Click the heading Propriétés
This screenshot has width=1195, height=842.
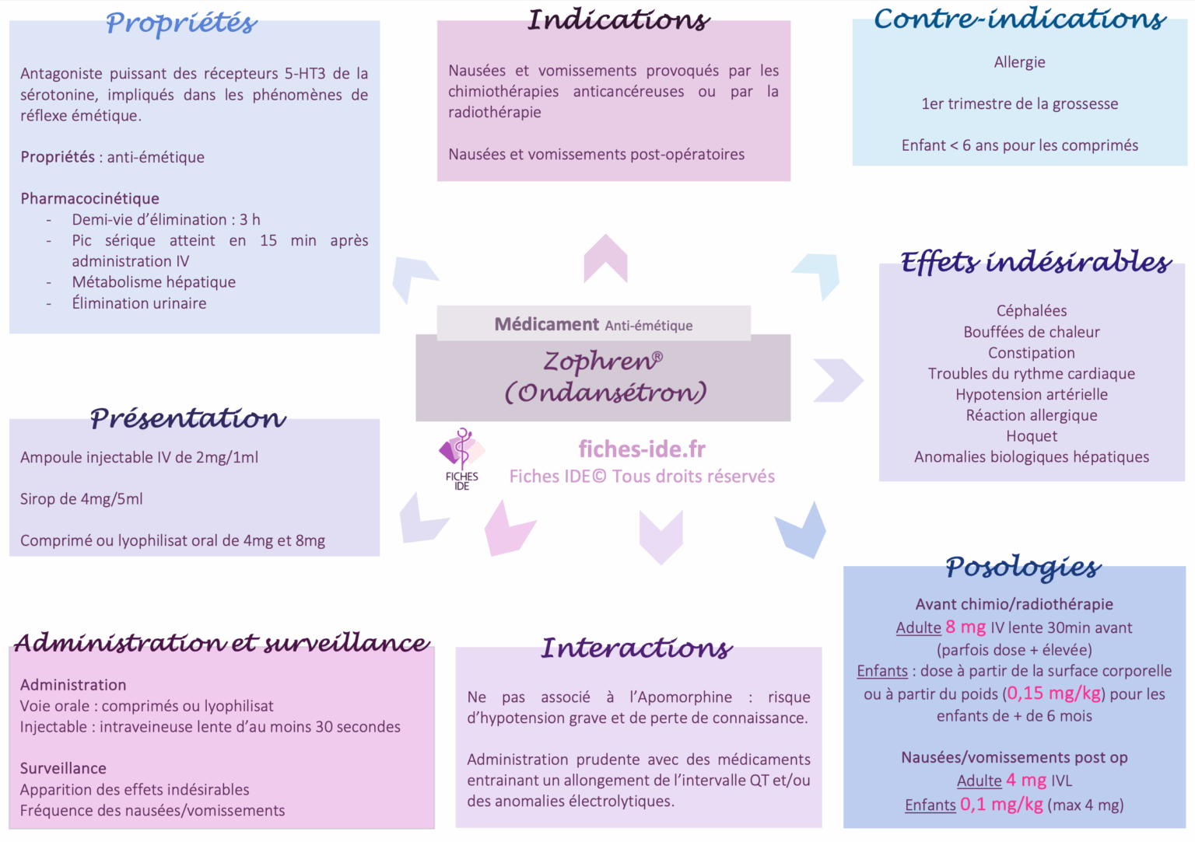click(x=181, y=23)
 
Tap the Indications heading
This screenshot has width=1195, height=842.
click(x=619, y=20)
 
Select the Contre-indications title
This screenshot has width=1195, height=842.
click(x=1019, y=19)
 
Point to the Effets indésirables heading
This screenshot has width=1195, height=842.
click(x=1036, y=262)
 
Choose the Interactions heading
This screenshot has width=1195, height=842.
click(x=636, y=648)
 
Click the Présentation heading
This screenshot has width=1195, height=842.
click(x=188, y=418)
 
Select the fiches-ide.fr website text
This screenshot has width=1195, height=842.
click(x=642, y=449)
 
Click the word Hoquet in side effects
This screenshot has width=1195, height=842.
click(x=1032, y=436)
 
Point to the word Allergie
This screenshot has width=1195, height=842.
click(x=1019, y=62)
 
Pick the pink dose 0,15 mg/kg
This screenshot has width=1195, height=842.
click(x=1053, y=694)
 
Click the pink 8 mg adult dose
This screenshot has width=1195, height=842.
click(x=965, y=627)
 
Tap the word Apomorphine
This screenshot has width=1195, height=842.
click(x=685, y=697)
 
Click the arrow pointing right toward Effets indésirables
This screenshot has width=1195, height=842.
click(x=838, y=380)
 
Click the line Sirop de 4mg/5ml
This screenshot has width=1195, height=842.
click(x=82, y=499)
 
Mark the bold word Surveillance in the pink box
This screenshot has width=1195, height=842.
click(x=63, y=768)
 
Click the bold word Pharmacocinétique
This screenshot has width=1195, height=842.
click(x=89, y=198)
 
